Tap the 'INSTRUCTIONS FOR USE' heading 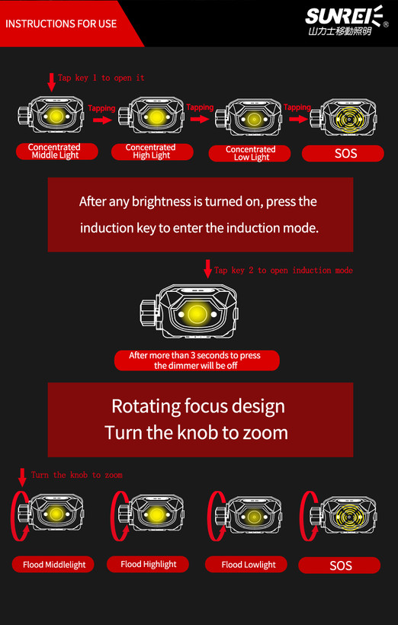(x=61, y=24)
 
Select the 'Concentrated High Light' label (x=152, y=152)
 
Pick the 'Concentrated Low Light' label (x=249, y=153)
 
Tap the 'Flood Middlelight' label (x=53, y=565)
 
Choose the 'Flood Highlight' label (x=148, y=564)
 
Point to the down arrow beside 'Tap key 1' (x=51, y=82)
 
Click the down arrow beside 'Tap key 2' (x=208, y=268)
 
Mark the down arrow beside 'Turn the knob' (x=22, y=477)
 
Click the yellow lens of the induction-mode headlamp (x=197, y=314)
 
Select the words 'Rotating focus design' (x=198, y=406)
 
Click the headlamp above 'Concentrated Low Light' (x=249, y=118)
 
